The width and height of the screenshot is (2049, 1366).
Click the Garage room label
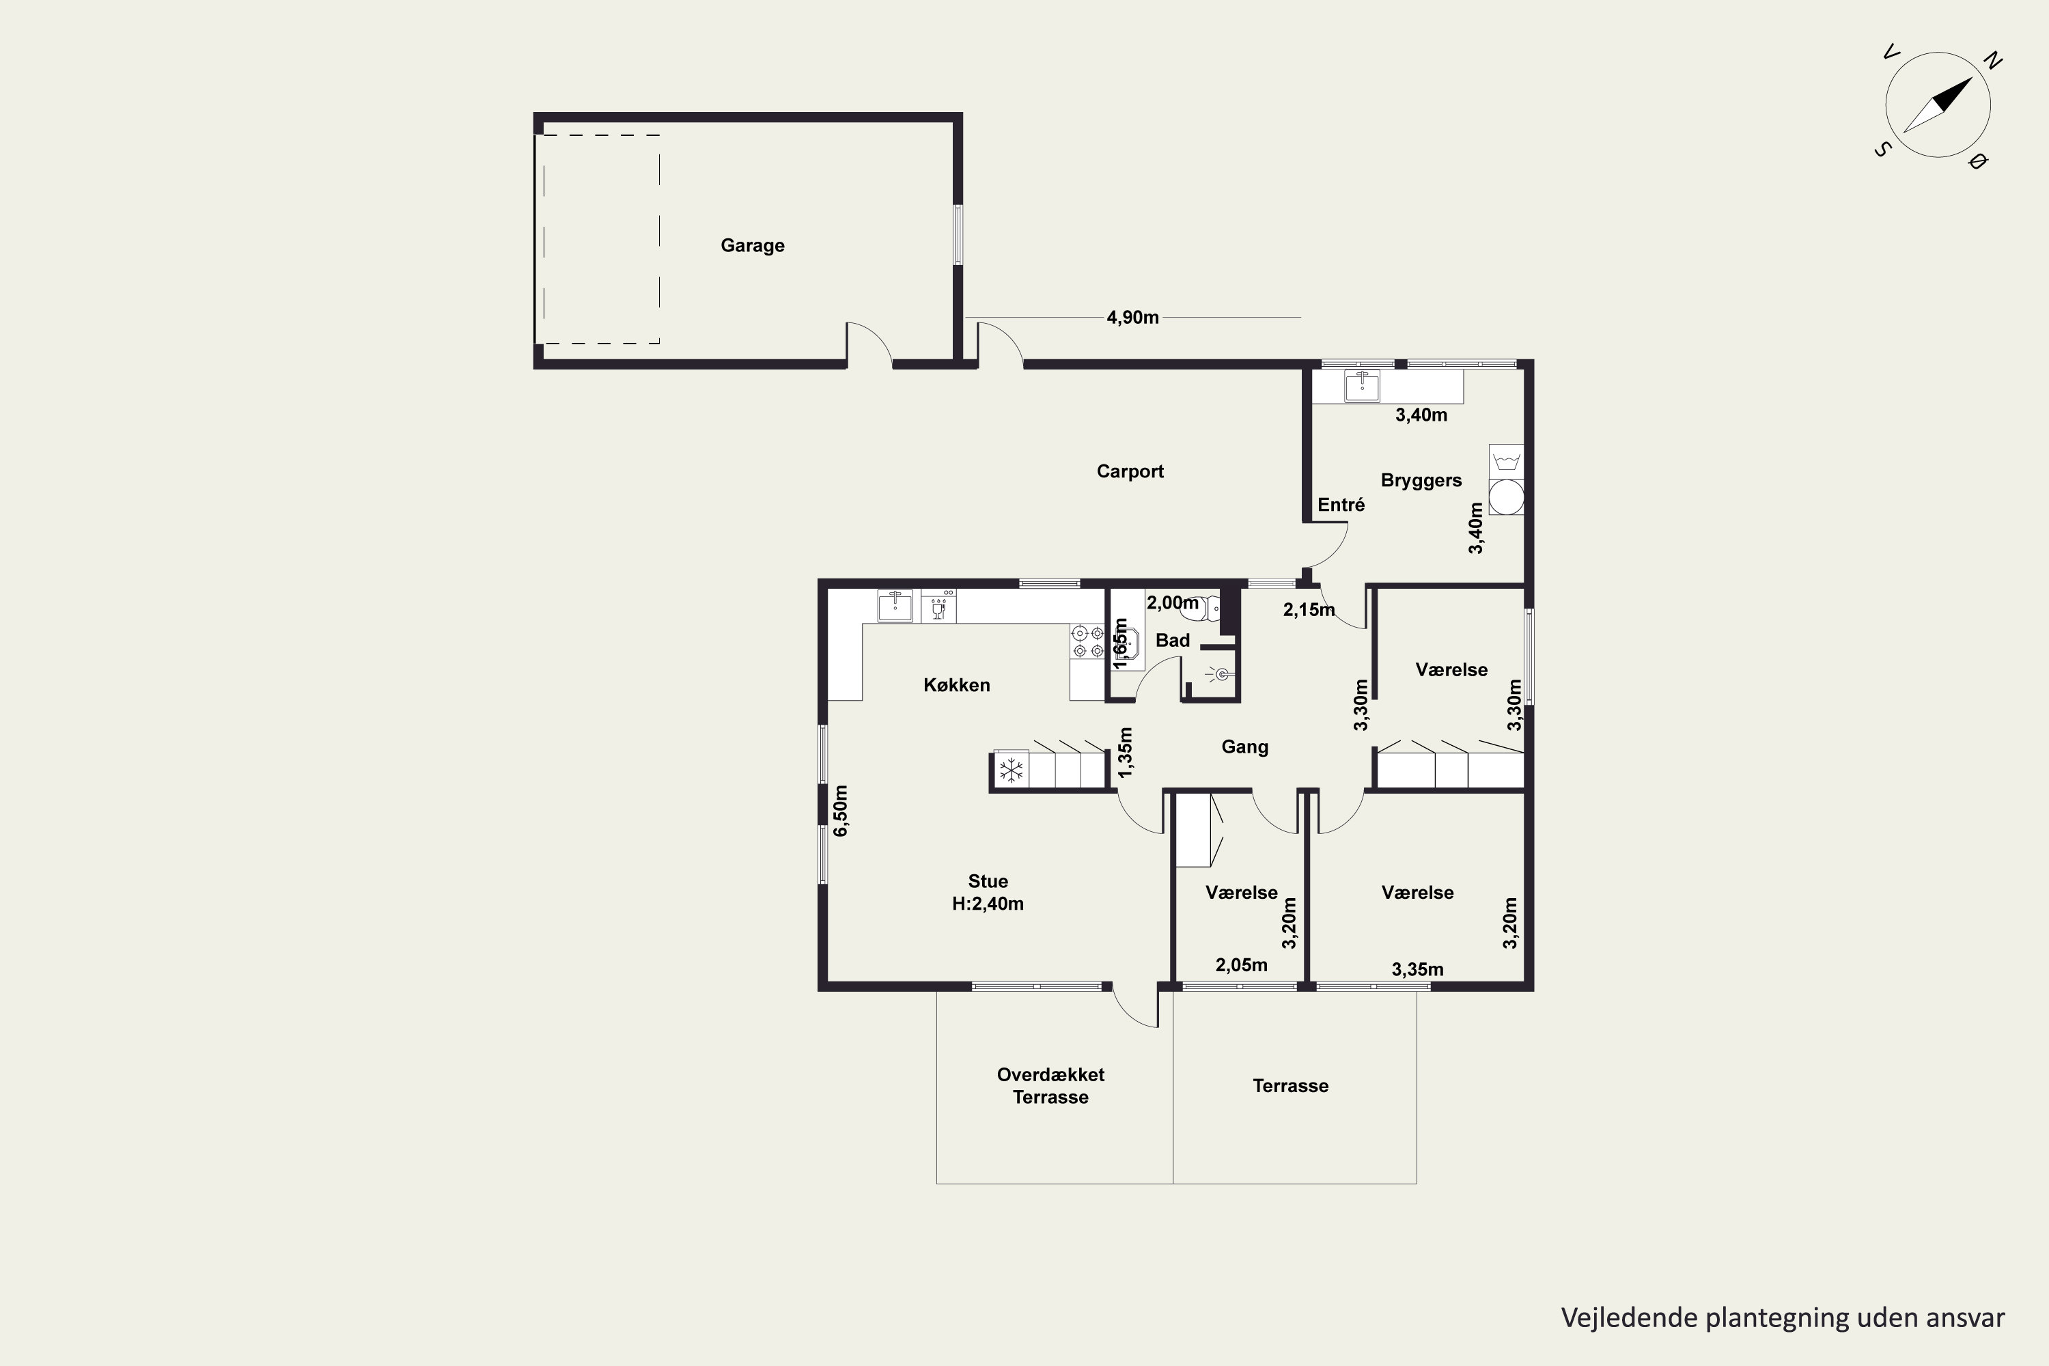[753, 246]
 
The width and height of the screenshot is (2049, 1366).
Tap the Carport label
[1130, 471]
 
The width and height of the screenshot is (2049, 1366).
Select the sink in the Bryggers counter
[1362, 386]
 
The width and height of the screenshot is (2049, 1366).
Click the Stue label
[988, 881]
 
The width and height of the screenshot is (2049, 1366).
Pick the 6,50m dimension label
[841, 811]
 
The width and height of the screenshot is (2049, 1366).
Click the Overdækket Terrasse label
[1050, 1085]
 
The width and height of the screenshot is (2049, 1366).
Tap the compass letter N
[1993, 60]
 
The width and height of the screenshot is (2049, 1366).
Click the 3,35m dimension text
[1417, 970]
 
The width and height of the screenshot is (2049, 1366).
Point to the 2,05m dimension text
[1242, 965]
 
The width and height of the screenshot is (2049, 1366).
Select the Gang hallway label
[1245, 747]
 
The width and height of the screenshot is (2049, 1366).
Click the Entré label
[1341, 505]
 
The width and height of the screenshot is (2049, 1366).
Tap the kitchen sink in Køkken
[895, 605]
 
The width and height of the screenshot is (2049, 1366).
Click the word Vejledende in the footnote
[1629, 1318]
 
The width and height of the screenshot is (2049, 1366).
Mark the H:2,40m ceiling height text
[988, 904]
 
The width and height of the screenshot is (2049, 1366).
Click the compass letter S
[1882, 150]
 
